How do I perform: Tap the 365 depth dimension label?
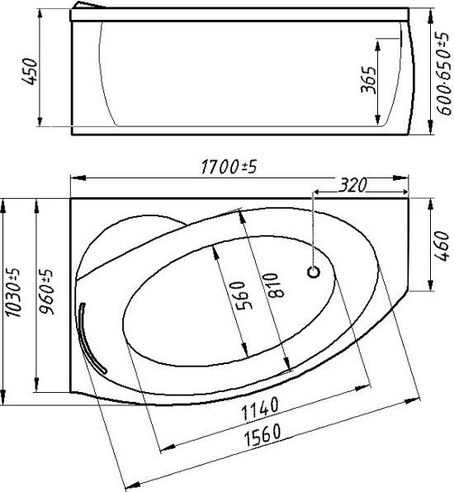tap(370, 80)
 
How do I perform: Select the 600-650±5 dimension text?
tap(443, 69)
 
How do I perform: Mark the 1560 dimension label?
tap(268, 433)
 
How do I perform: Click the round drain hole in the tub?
tap(314, 270)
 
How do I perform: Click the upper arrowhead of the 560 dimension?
tap(214, 248)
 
